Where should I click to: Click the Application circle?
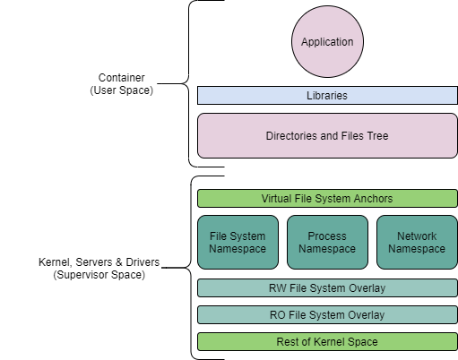tap(327, 42)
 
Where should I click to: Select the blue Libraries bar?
tap(327, 95)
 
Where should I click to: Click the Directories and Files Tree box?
tap(327, 136)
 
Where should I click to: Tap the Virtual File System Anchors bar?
tap(327, 198)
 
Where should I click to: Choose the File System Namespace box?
tap(238, 243)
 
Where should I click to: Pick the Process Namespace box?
tap(327, 243)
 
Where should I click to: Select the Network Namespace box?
tap(417, 243)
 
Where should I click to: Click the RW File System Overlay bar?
tap(327, 288)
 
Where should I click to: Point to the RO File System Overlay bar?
tap(327, 315)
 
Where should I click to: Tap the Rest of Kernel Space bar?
tap(327, 342)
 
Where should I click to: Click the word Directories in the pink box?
tap(291, 136)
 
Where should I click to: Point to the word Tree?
tap(376, 136)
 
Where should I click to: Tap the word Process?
tap(327, 236)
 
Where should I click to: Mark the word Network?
tap(417, 236)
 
